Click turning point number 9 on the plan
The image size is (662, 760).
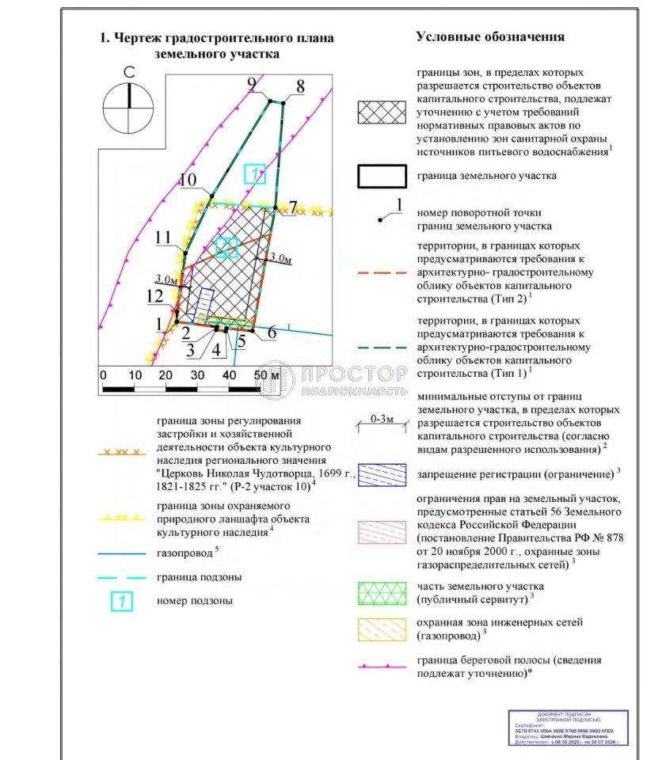[x=252, y=84]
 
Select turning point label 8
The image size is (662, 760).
[x=300, y=85]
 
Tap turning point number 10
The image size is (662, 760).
[x=188, y=180]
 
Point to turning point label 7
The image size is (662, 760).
[x=293, y=207]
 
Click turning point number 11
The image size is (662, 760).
[x=163, y=237]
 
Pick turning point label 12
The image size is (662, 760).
[x=155, y=295]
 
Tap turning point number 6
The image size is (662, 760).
[x=272, y=333]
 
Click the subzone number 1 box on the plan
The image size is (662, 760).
[x=254, y=174]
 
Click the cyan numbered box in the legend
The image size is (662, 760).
[x=121, y=601]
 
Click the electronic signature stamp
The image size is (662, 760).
[x=568, y=728]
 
